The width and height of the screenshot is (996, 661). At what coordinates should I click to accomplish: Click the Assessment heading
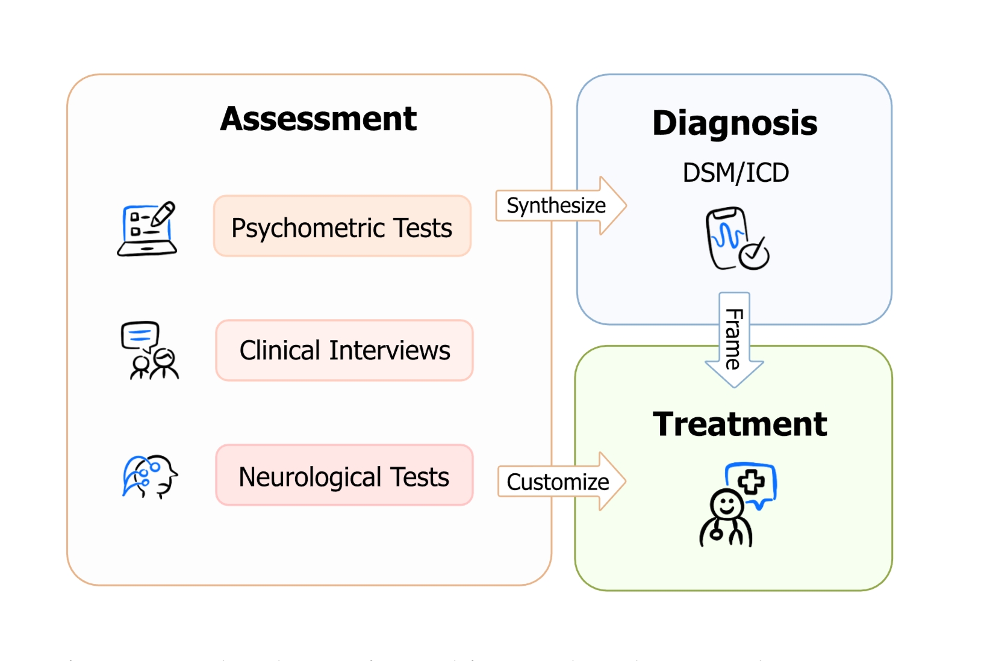pos(318,119)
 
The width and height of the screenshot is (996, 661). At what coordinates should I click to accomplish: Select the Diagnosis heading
pos(735,123)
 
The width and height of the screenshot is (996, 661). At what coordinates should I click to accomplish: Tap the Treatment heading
pos(739,424)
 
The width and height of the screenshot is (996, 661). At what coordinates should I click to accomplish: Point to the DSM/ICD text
pos(735,173)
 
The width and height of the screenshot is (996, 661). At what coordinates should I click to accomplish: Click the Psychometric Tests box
pos(342,226)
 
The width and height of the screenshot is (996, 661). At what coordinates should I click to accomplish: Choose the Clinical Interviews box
pos(344,350)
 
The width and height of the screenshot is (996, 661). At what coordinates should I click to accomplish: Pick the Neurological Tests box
pos(344,476)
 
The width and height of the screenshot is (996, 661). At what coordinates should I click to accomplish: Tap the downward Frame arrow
pos(734,340)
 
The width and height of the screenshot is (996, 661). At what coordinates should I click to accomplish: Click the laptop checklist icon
pos(146,231)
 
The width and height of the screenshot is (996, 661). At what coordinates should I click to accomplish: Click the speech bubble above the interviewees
pos(140,335)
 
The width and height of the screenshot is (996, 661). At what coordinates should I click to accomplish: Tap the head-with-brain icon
pos(150,476)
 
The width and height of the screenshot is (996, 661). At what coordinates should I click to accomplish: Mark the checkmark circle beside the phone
pos(755,256)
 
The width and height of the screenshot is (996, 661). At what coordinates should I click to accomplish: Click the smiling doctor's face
pos(726,504)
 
